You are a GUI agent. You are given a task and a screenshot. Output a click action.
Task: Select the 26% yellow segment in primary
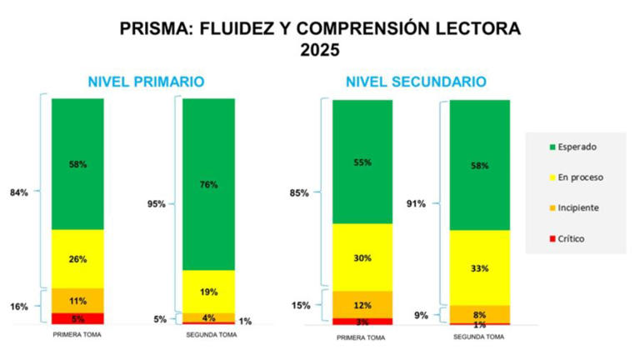pos(77,259)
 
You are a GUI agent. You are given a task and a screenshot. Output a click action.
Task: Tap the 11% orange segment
pos(77,300)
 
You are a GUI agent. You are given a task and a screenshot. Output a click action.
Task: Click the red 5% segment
pos(77,317)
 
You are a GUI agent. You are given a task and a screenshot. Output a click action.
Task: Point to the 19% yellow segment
pos(208,292)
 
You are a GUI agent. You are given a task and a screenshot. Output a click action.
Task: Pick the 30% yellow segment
pos(362,257)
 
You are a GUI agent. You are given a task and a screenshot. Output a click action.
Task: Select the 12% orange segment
pos(362,304)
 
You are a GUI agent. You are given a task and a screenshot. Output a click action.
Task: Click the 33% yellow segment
pos(479,268)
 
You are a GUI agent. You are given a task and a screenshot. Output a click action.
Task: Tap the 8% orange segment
pos(479,314)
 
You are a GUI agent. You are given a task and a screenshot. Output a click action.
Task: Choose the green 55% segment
pos(362,162)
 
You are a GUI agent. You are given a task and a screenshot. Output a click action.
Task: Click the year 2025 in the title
pos(320,50)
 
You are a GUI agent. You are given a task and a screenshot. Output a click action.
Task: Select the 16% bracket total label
pos(18,307)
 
